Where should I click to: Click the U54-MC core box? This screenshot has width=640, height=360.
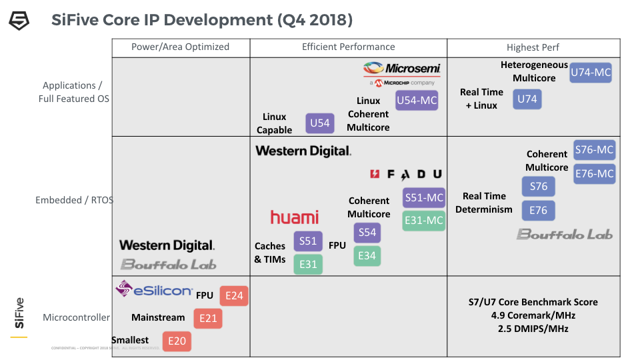tap(417, 101)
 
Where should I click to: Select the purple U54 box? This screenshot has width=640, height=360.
tap(320, 123)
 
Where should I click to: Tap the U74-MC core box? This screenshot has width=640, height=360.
tap(591, 73)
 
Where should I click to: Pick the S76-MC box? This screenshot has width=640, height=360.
tap(594, 150)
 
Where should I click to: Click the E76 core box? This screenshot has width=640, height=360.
tap(538, 210)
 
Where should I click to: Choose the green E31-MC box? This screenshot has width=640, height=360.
tap(424, 221)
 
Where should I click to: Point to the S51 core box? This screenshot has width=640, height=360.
tap(308, 241)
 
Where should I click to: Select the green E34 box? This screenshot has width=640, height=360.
tap(367, 255)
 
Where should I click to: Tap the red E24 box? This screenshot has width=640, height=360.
tap(234, 295)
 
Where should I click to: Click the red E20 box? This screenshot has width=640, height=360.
tap(177, 341)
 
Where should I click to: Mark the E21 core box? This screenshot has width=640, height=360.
tap(208, 318)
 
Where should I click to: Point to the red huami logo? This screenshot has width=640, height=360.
tap(294, 217)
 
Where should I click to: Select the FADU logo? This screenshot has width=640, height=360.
tap(406, 174)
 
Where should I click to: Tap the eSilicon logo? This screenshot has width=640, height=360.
tap(154, 289)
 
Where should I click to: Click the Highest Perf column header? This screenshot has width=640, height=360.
tap(533, 47)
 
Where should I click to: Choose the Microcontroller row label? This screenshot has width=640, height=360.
tap(76, 317)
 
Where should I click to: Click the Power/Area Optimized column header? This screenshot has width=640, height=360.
tap(180, 47)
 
